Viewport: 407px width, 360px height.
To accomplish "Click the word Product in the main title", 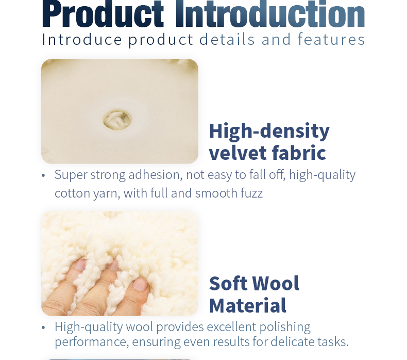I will point(103,14).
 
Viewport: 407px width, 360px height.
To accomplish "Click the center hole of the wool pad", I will point(117,120).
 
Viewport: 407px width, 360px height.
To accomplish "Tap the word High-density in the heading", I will point(269,131).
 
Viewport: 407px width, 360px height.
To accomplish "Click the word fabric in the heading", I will point(299,153).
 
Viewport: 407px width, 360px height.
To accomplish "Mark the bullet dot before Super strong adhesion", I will point(43,175).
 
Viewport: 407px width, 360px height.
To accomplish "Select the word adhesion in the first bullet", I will point(155,175).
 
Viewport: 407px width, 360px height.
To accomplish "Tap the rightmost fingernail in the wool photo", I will point(140,284).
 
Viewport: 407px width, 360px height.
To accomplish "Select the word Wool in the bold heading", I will point(277,284).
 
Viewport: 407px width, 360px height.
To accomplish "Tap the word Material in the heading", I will point(247,305).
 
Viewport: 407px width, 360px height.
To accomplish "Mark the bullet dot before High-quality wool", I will point(43,328).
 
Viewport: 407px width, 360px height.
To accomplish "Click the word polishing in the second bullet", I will point(285,327).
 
